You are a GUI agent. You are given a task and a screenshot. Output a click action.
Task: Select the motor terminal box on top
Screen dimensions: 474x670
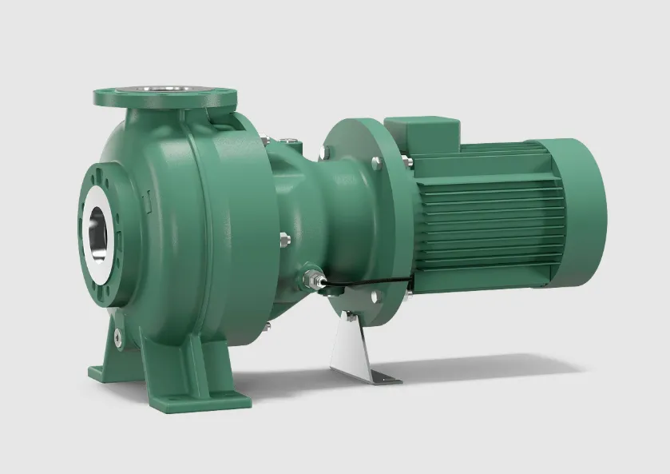pos(422,136)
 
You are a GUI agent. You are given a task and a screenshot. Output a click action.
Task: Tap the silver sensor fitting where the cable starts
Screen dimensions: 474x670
pos(313,279)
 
